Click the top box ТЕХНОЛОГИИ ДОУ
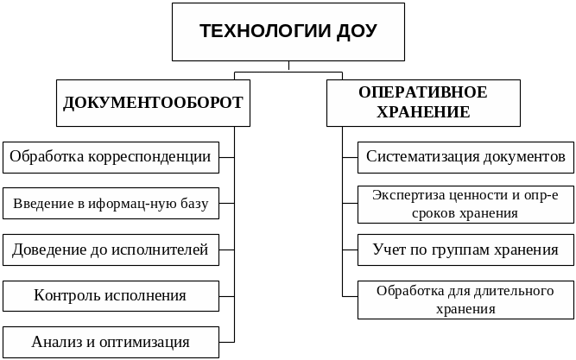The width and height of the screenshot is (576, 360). [x=288, y=32]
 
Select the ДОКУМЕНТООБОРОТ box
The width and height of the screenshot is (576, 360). [x=153, y=103]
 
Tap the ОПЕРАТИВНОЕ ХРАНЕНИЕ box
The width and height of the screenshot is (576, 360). [x=422, y=102]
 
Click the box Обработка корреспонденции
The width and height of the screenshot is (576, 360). [x=110, y=157]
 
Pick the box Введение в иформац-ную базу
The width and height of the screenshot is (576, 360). [x=110, y=205]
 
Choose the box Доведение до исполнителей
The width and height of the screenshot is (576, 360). [x=110, y=250]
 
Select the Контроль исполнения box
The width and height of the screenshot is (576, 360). [x=110, y=296]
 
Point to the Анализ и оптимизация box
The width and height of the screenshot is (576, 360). [x=110, y=341]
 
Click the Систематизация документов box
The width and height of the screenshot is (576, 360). [x=465, y=157]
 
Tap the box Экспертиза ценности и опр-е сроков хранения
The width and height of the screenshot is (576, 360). [x=465, y=203]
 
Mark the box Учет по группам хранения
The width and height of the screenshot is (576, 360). [x=465, y=250]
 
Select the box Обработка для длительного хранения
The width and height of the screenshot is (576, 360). [x=465, y=299]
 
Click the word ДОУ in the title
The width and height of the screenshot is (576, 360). [x=356, y=32]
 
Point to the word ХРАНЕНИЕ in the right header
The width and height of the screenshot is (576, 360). [x=423, y=112]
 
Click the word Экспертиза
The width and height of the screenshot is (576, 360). [x=407, y=194]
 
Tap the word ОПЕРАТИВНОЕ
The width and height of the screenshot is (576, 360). [x=423, y=92]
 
